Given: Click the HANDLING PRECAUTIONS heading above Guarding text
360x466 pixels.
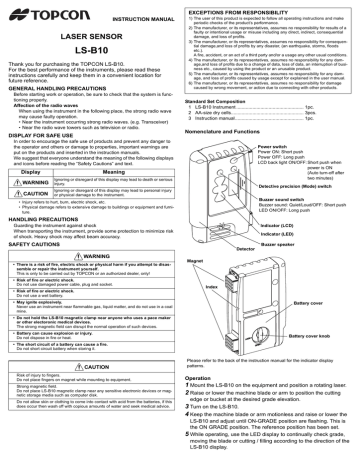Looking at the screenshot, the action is pos(45,257).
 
